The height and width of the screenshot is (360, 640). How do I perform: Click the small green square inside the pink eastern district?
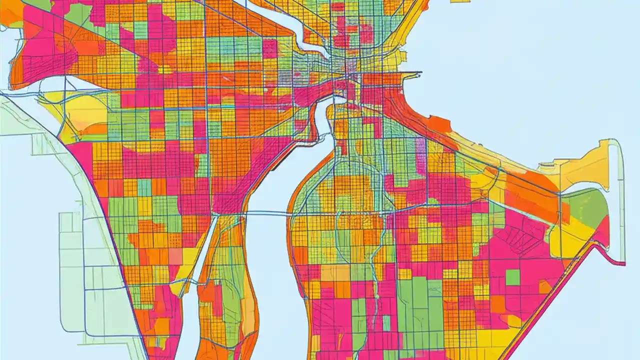tap(512, 277)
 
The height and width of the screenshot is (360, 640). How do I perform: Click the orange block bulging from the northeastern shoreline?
tap(438, 123)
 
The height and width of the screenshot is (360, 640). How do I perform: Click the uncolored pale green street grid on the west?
tap(80, 280)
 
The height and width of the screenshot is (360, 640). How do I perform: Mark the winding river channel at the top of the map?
tap(295, 30)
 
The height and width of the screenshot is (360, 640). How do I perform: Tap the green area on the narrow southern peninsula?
tap(230, 305)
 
